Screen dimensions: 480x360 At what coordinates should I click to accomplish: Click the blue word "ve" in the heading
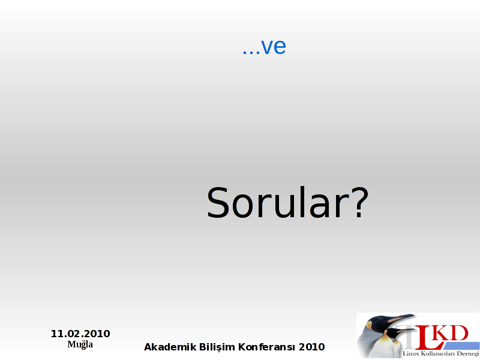click(x=274, y=47)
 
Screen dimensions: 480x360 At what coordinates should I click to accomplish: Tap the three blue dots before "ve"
click(x=251, y=53)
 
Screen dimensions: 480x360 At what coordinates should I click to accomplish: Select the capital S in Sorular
click(x=218, y=202)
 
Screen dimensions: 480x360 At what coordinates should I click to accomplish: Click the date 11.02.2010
click(x=80, y=334)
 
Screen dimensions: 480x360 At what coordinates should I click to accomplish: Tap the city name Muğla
click(x=80, y=344)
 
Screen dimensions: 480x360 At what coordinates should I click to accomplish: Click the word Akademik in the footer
click(x=170, y=347)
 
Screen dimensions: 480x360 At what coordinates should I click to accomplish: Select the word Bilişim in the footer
click(x=217, y=347)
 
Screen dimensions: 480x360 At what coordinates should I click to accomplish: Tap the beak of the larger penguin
click(x=400, y=319)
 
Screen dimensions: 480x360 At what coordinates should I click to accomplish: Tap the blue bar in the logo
click(x=461, y=346)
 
